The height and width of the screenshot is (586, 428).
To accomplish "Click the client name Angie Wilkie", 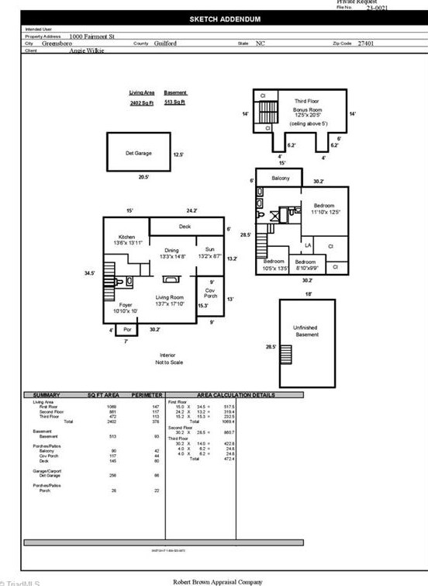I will click(88, 50).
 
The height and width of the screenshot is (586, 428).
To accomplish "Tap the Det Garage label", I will click(139, 153).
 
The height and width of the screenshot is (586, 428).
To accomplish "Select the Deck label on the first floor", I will click(185, 227).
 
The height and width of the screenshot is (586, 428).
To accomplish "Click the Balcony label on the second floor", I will click(280, 178).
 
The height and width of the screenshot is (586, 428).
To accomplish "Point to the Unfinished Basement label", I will click(308, 331).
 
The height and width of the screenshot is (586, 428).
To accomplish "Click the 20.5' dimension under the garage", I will click(143, 178).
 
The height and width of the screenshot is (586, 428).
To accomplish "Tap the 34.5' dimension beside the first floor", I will click(89, 273).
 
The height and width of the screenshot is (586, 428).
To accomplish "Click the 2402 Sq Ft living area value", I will click(141, 102).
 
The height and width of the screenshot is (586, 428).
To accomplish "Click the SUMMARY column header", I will click(46, 395).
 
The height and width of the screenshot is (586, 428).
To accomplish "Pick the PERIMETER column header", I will click(147, 395).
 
